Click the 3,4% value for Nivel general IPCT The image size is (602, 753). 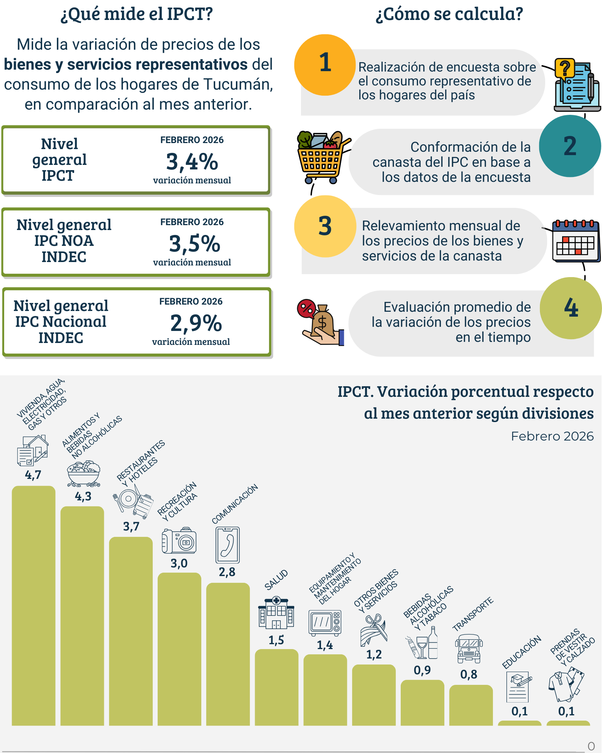pyautogui.click(x=192, y=162)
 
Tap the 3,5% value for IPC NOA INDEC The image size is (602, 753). pyautogui.click(x=194, y=244)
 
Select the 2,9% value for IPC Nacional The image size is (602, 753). pyautogui.click(x=196, y=323)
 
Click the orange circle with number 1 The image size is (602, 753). pyautogui.click(x=325, y=65)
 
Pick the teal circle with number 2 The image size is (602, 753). pyautogui.click(x=570, y=146)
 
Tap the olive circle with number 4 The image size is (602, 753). pyautogui.click(x=570, y=308)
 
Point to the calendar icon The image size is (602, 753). pyautogui.click(x=575, y=241)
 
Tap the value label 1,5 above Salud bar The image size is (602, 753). pyautogui.click(x=276, y=640)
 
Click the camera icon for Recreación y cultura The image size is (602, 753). pyautogui.click(x=179, y=540)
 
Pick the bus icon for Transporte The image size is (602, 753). pyautogui.click(x=469, y=649)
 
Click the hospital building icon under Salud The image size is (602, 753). pyautogui.click(x=276, y=613)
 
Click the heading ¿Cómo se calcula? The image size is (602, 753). pyautogui.click(x=449, y=14)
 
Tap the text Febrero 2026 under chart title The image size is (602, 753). pyautogui.click(x=552, y=436)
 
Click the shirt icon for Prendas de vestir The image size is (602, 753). pyautogui.click(x=566, y=684)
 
